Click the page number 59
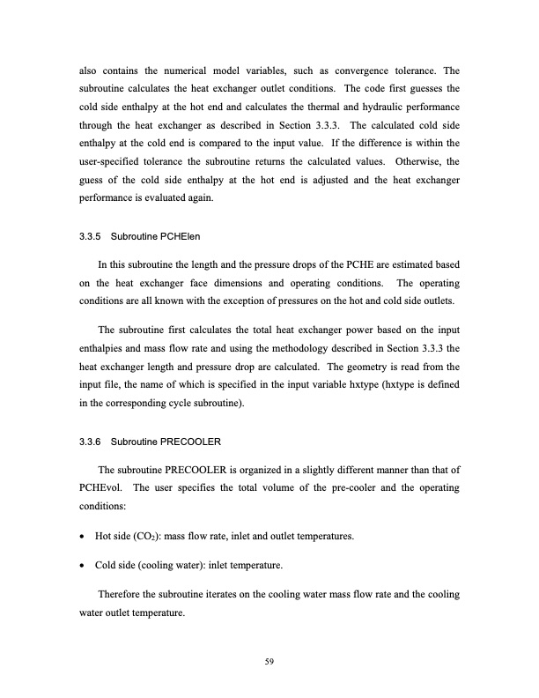click(x=269, y=651)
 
